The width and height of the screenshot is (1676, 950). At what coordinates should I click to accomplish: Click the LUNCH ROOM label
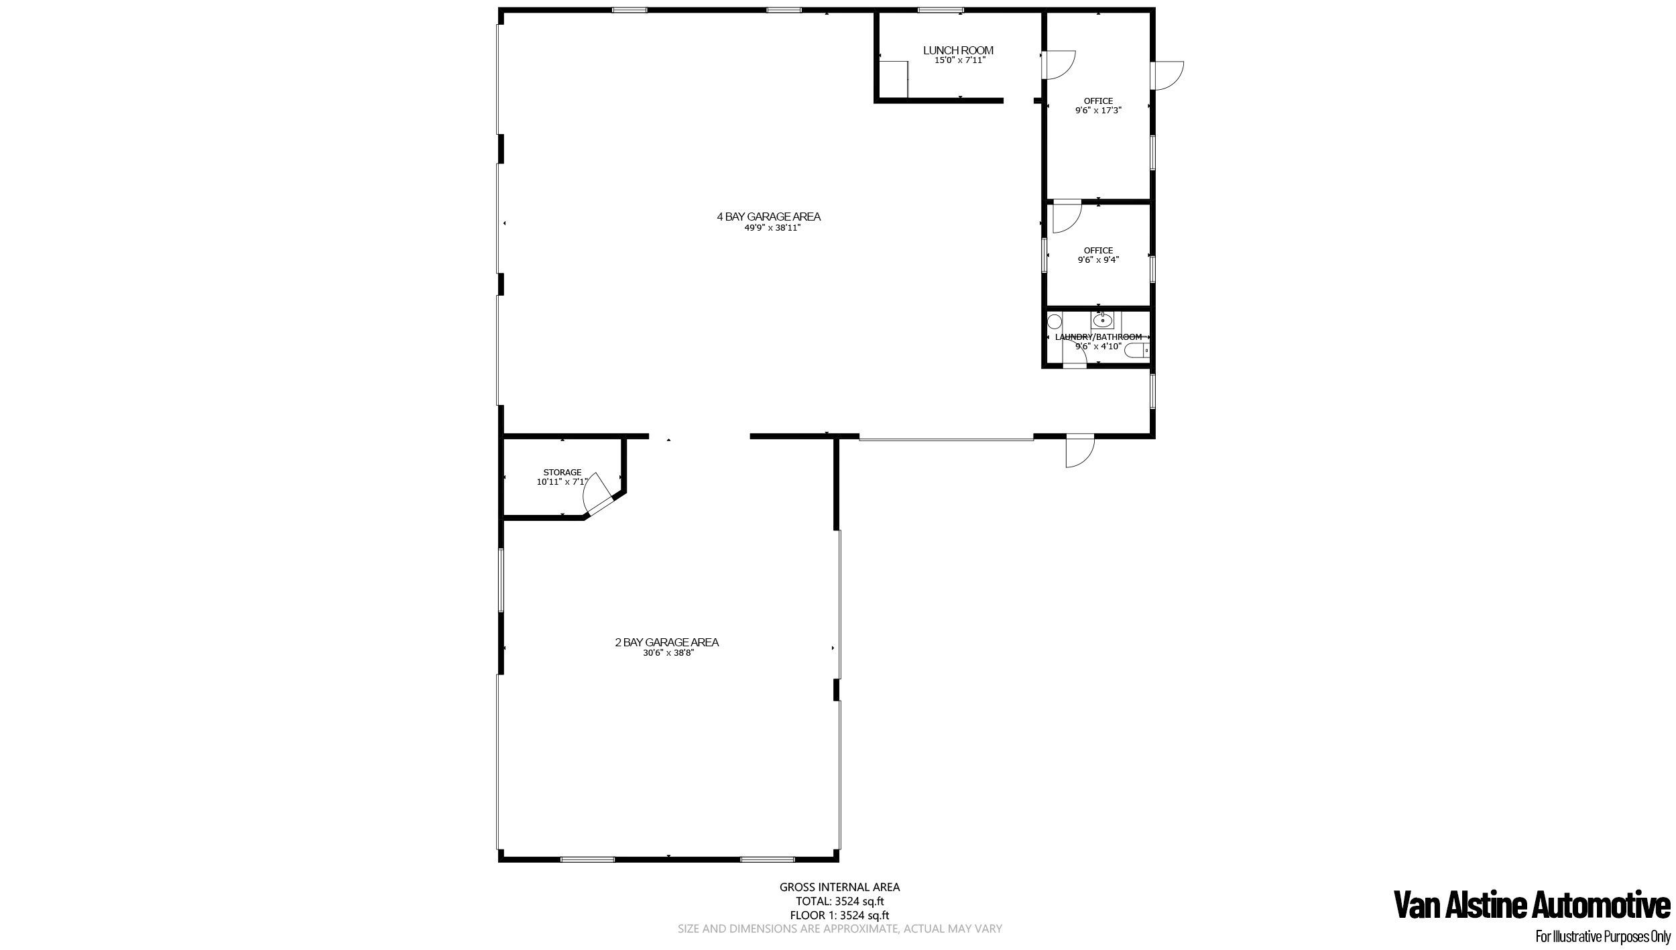tap(958, 50)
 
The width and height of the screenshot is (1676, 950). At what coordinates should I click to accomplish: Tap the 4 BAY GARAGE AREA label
tap(769, 217)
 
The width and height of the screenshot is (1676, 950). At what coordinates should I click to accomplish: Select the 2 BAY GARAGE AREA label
tap(666, 642)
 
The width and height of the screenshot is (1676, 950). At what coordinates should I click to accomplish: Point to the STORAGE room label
tap(562, 472)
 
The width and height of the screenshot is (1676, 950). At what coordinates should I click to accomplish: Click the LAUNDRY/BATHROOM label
tap(1098, 337)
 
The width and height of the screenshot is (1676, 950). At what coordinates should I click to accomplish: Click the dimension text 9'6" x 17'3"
tap(1098, 111)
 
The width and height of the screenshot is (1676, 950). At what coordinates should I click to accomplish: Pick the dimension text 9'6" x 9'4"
tap(1098, 259)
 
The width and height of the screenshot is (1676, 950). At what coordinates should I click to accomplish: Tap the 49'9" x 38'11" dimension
tap(772, 228)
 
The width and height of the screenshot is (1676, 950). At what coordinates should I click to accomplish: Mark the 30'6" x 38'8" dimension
tap(668, 653)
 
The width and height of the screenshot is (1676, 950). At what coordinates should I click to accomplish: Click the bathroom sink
tap(1102, 320)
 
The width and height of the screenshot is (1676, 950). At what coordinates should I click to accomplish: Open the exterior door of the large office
tap(1168, 75)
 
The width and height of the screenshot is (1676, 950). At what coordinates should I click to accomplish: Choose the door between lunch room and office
tap(1058, 64)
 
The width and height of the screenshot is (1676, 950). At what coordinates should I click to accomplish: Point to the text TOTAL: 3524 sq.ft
tap(839, 901)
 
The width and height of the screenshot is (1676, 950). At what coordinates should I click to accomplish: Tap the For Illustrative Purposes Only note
tap(1602, 937)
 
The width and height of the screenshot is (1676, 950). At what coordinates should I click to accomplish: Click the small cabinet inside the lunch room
tap(894, 80)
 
